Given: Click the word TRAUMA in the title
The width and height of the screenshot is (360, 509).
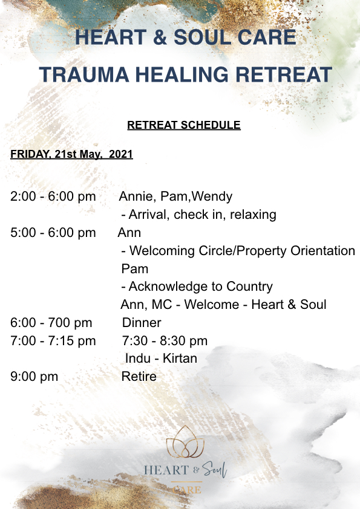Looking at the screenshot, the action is [x=84, y=74].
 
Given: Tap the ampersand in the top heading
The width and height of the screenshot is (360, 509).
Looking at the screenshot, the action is [x=160, y=37].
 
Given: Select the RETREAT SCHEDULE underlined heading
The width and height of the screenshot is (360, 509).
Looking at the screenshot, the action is [x=184, y=125].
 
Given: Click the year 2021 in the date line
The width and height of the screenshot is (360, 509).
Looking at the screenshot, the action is [x=121, y=154].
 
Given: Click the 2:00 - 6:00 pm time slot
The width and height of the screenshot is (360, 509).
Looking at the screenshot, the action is [x=53, y=196].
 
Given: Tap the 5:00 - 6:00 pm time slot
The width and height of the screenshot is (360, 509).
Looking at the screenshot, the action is [x=53, y=233].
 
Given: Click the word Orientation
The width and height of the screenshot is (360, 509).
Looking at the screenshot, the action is [x=322, y=251].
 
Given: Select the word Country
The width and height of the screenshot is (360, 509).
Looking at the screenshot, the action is [x=249, y=287].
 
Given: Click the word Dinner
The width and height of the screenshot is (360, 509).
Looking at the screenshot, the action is [x=142, y=323].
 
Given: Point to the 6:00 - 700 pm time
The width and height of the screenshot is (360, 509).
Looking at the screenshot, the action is [x=51, y=323].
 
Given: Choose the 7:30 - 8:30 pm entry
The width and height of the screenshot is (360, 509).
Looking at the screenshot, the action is [x=165, y=341].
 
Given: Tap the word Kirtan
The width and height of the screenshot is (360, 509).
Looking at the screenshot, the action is [x=180, y=358].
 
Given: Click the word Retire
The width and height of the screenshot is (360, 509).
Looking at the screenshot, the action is [x=139, y=377].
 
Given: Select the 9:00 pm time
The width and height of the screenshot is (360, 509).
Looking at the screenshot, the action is [x=34, y=377].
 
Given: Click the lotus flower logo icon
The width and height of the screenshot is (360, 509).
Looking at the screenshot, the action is [x=185, y=441].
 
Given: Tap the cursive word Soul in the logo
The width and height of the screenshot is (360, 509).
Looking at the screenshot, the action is [x=214, y=469].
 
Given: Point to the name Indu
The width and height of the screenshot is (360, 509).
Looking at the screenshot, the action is [x=138, y=358].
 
